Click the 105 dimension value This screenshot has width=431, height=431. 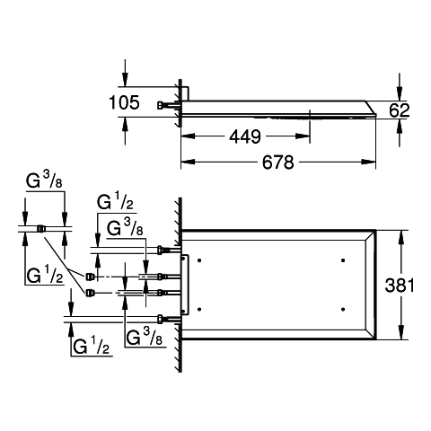[x=124, y=102]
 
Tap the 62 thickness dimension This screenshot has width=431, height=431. [x=400, y=110]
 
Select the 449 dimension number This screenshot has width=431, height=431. [x=245, y=136]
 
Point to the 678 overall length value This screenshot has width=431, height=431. [x=278, y=163]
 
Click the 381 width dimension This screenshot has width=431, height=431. [x=400, y=286]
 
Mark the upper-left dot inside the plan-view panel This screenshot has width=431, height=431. [x=199, y=260]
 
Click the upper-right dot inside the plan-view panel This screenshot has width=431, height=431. [x=343, y=260]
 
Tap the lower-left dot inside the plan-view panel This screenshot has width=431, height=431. [x=199, y=309]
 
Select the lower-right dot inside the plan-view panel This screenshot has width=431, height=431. [x=343, y=309]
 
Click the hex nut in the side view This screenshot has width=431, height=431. [x=161, y=105]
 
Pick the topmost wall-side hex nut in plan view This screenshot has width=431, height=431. [x=160, y=250]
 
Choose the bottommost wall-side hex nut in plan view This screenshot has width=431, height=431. [x=160, y=320]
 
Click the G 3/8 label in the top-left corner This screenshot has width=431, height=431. [x=44, y=180]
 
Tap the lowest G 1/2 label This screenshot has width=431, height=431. [x=92, y=346]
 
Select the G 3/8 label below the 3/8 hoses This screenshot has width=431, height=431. [x=144, y=337]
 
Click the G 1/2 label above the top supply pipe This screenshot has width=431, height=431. [x=115, y=202]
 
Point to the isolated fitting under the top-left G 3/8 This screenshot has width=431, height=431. [x=40, y=229]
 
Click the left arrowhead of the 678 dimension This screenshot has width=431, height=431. [x=188, y=162]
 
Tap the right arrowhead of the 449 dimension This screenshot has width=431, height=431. [x=303, y=136]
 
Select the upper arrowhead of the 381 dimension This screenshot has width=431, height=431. [x=400, y=237]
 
